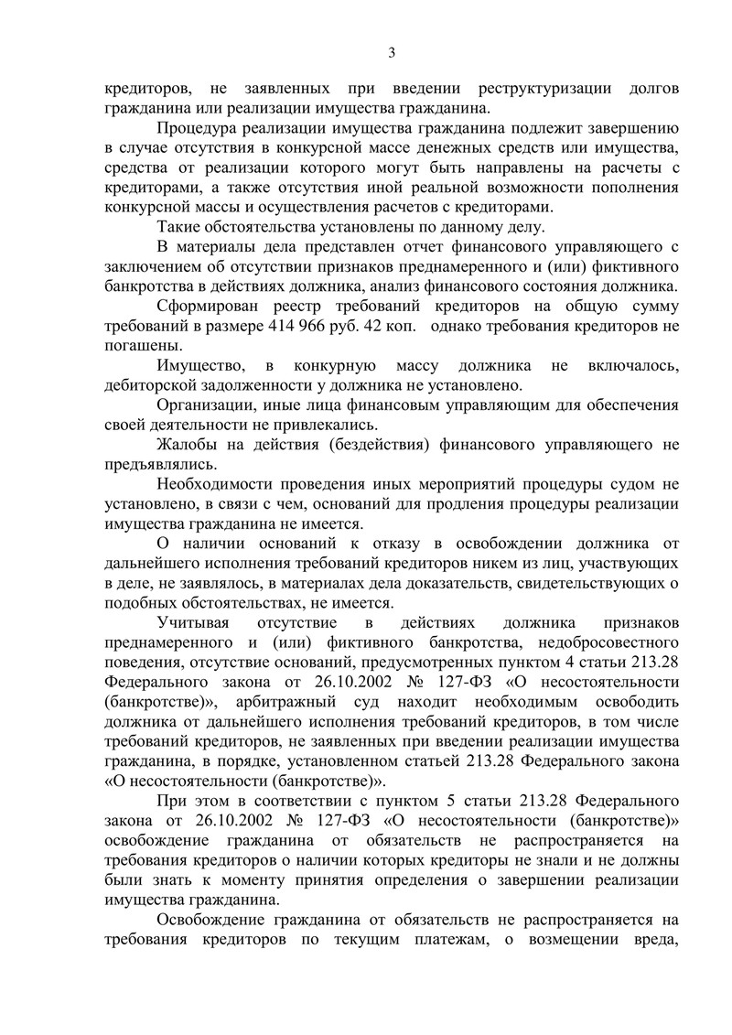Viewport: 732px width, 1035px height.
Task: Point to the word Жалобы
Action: [186, 446]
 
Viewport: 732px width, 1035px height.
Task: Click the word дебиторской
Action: [155, 386]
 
